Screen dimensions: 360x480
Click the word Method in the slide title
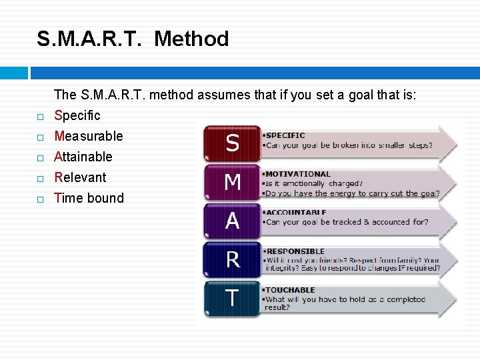(191, 39)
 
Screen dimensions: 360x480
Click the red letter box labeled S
(232, 143)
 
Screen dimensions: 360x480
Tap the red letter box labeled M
(232, 181)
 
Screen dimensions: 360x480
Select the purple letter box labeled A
(232, 221)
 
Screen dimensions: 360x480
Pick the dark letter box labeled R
(232, 259)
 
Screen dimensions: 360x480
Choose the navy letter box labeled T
(232, 298)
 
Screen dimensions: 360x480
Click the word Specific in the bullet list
(77, 115)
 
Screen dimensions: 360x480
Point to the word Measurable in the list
(89, 136)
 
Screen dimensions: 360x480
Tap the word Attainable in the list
(83, 157)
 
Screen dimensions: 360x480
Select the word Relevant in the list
(80, 177)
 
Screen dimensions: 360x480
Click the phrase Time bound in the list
(89, 198)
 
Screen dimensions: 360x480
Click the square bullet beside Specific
(40, 117)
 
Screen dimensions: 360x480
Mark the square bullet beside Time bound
(40, 199)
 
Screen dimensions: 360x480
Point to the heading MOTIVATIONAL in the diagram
(298, 174)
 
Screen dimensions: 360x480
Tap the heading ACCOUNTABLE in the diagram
(296, 213)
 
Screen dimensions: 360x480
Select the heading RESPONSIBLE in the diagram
(295, 251)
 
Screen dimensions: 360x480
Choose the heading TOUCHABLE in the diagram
(291, 290)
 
